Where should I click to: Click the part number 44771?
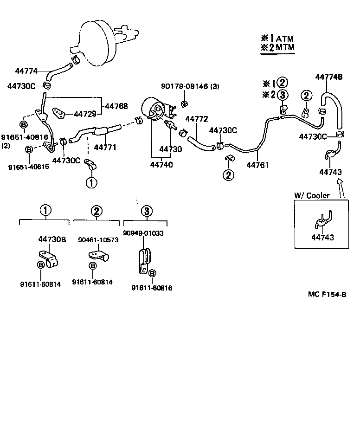(x=105, y=148)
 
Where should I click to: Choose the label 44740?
(x=160, y=164)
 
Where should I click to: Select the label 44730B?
(x=51, y=239)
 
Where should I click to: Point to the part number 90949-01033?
(x=143, y=233)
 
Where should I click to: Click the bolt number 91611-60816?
(x=151, y=288)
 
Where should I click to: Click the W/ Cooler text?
(x=312, y=195)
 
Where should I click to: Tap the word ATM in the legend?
(x=285, y=39)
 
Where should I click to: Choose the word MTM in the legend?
(x=285, y=47)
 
